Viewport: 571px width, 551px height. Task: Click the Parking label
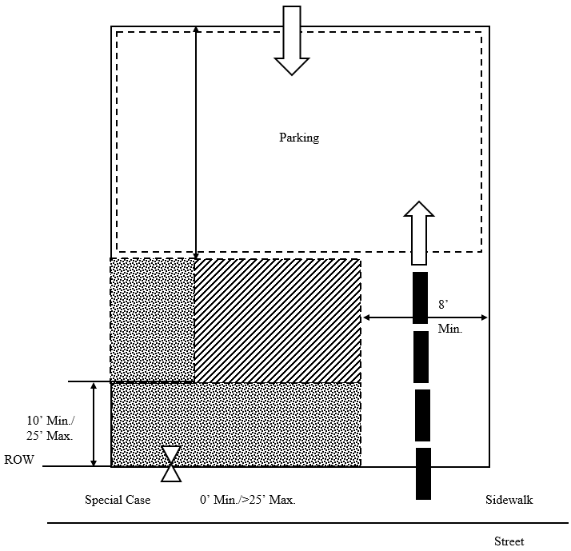pos(299,138)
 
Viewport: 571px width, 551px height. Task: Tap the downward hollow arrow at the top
pos(292,41)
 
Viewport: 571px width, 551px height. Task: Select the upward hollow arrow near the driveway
pos(419,233)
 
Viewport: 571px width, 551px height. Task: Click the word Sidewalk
pos(509,500)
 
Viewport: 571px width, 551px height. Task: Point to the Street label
pos(509,541)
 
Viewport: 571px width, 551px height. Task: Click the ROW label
pos(19,460)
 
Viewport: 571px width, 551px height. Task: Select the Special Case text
pos(118,500)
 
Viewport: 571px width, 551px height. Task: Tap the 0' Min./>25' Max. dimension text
pos(248,500)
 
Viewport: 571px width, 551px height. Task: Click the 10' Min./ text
pos(50,421)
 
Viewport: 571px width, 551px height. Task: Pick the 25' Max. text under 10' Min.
pos(50,436)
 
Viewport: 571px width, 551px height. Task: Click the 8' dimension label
pos(443,305)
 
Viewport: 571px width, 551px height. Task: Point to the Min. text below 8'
pos(449,329)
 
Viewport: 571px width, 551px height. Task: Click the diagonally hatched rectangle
pos(278,321)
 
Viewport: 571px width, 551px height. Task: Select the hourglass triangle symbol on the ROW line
pos(171,464)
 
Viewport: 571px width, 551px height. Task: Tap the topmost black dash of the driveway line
pos(420,298)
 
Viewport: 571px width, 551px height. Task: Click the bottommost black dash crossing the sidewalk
pos(423,473)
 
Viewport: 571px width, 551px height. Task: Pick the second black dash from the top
pos(421,357)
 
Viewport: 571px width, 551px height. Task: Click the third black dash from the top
pos(422,415)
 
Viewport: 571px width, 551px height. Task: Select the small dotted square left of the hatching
pos(152,320)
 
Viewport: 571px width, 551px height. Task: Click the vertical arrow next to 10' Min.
pos(94,425)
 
